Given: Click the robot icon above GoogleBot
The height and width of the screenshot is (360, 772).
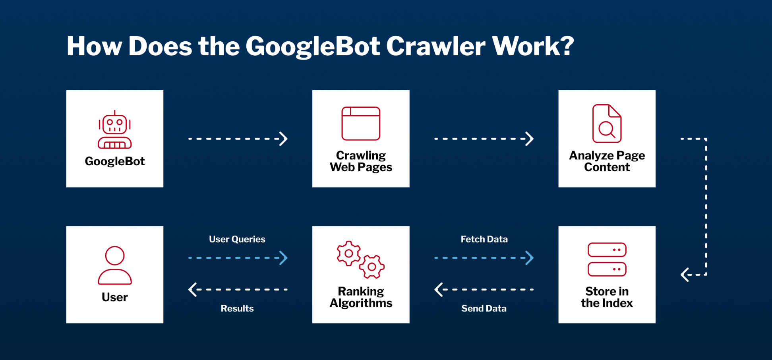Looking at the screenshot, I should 115,130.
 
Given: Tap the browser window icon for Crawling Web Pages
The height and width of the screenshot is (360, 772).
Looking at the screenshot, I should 361,123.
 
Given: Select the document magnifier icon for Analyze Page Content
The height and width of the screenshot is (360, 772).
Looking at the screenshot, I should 607,124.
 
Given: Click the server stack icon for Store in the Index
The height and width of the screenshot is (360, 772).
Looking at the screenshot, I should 607,259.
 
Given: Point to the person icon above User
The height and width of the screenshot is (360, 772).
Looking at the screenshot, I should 115,265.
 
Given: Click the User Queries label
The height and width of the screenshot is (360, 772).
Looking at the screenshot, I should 237,239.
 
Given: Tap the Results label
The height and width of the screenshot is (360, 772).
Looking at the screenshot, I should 237,308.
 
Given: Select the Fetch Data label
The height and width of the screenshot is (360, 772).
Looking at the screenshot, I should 484,239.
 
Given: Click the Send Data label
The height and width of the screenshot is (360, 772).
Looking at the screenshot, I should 484,308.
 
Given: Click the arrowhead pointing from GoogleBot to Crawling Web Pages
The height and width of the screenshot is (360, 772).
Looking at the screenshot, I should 283,139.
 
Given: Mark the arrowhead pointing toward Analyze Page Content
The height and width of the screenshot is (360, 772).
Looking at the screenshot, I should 530,139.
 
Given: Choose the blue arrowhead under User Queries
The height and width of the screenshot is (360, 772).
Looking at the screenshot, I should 284,258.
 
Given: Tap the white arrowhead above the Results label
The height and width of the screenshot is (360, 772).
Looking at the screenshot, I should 193,289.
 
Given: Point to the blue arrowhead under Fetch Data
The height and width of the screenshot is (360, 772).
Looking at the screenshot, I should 530,258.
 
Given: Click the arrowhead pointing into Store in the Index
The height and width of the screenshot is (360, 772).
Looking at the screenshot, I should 685,275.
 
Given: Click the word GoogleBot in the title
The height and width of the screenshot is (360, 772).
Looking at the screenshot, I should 313,46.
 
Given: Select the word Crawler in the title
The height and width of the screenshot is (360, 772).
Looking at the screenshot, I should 435,46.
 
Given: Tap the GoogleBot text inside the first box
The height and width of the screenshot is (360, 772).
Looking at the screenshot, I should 115,161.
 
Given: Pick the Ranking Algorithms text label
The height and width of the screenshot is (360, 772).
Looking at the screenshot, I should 361,297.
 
